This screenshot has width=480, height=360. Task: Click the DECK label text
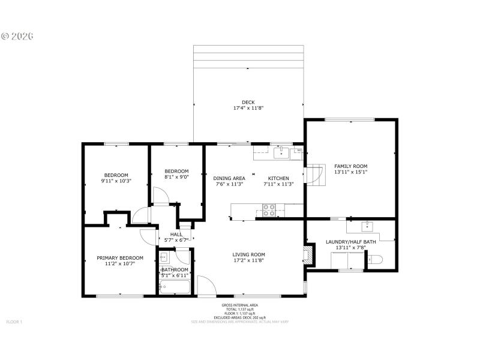248,102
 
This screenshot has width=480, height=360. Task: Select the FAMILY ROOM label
351,166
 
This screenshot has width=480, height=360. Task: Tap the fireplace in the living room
308,254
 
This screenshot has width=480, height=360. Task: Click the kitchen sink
281,154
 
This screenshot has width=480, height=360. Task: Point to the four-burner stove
269,210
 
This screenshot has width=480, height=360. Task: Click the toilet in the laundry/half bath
374,259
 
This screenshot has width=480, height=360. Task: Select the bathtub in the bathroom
175,287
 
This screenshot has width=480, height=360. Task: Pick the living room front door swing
205,286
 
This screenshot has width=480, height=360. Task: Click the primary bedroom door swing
148,236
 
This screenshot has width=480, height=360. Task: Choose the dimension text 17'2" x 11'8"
249,261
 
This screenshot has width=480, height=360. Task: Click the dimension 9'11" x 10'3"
116,181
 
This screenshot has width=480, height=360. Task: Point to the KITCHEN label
278,178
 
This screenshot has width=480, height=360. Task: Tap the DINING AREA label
229,178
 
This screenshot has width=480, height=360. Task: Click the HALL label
176,235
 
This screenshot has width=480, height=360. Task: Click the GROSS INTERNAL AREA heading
239,305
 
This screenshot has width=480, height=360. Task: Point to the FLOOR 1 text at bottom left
14,322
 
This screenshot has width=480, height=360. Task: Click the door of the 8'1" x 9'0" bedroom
159,196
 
